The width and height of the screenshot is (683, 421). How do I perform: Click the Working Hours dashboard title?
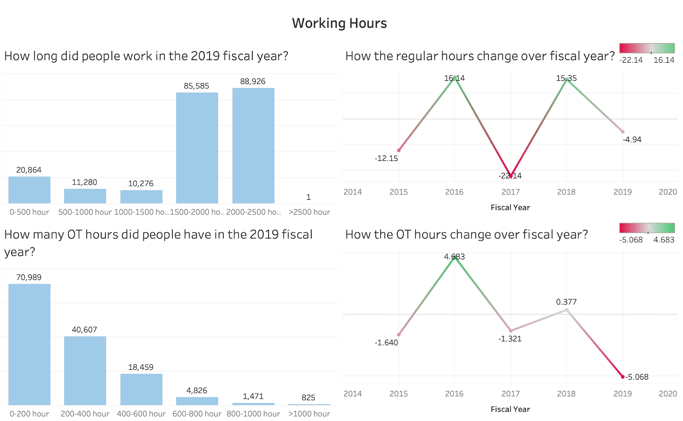click(x=339, y=23)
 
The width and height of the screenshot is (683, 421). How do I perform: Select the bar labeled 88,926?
click(x=253, y=145)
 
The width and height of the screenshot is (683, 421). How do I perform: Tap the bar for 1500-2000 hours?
click(x=197, y=148)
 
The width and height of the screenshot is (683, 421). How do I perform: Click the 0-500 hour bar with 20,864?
click(x=29, y=190)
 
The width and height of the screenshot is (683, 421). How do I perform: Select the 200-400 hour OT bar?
click(x=85, y=370)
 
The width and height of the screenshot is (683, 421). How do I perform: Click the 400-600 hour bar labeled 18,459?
click(x=141, y=389)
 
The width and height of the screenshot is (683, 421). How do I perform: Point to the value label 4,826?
click(x=197, y=390)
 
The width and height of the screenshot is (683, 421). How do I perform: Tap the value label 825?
click(x=308, y=398)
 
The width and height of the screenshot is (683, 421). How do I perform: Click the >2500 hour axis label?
click(x=309, y=212)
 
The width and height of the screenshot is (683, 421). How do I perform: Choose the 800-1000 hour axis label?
click(x=253, y=414)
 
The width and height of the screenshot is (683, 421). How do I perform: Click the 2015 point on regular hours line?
click(x=399, y=150)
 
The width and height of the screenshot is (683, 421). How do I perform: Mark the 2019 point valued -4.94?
click(x=622, y=132)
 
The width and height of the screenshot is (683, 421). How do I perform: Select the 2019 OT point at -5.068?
click(x=622, y=377)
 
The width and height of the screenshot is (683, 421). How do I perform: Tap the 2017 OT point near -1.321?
click(x=511, y=331)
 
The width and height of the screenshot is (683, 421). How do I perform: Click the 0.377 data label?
click(x=566, y=302)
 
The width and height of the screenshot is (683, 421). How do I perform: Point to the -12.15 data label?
click(x=386, y=158)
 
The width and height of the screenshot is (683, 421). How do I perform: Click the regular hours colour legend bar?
click(x=647, y=48)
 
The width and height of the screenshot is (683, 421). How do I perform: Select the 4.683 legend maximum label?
click(x=664, y=240)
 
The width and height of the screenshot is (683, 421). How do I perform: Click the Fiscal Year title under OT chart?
click(x=510, y=409)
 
